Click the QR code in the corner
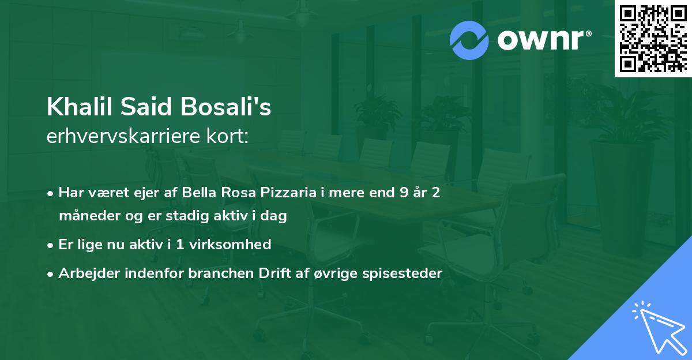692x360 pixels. point(653,38)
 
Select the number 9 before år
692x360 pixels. point(396,193)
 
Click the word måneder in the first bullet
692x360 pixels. point(86,216)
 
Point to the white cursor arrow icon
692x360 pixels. point(659,328)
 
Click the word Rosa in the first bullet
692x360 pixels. point(238,193)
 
